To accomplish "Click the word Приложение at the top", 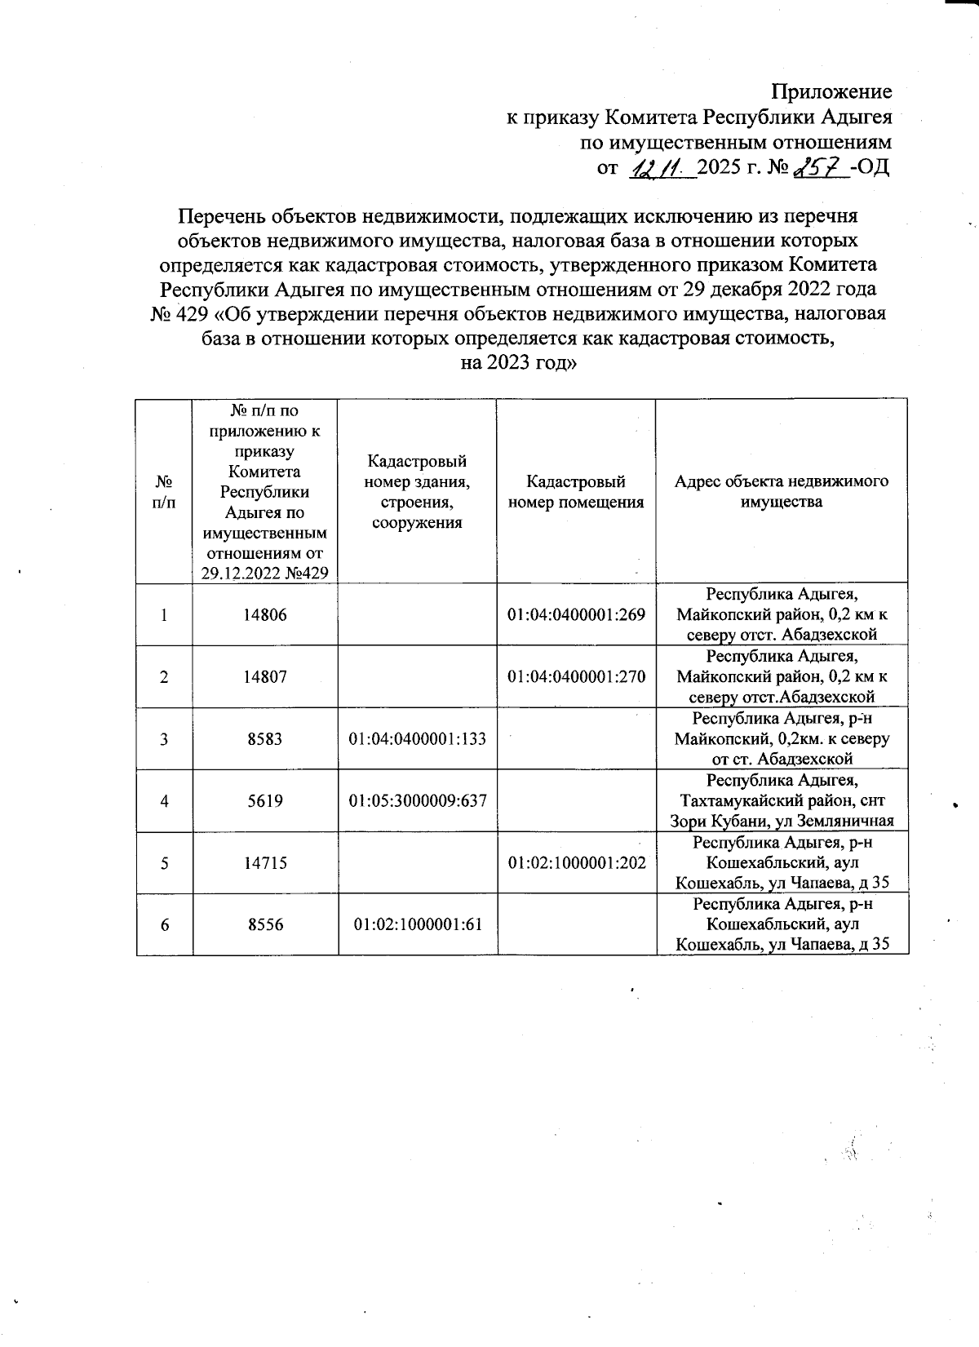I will [x=831, y=91].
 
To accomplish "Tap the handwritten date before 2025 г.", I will [x=662, y=169].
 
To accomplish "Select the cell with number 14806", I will [x=266, y=614].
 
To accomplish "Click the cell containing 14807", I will [x=266, y=676].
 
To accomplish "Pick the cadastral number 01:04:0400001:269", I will [x=576, y=614].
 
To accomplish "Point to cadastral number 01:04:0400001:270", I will [x=576, y=676].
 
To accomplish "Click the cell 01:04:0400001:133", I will [x=417, y=738].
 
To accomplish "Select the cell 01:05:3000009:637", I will [x=417, y=800].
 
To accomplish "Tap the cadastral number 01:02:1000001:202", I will [x=576, y=862].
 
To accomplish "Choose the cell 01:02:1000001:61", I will [x=417, y=924].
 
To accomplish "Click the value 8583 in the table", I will [x=266, y=738].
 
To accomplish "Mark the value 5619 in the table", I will [x=266, y=800].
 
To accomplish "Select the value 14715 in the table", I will [x=266, y=862].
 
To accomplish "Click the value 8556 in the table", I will [x=266, y=924].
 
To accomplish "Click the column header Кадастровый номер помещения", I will [x=576, y=492].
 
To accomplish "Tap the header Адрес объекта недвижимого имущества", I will [x=782, y=491].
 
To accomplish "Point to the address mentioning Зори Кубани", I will [x=782, y=800].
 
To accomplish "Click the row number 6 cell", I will [x=165, y=924].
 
